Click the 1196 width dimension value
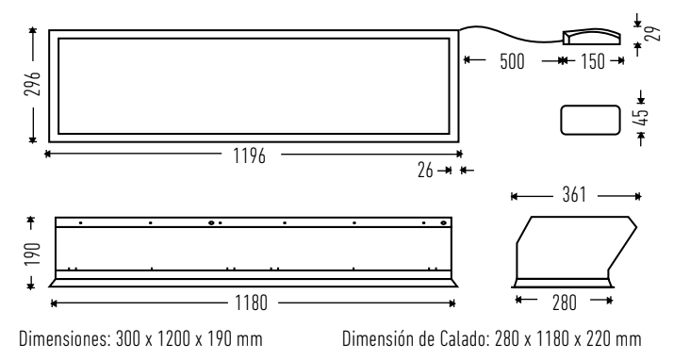click(249, 155)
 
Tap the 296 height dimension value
click(33, 83)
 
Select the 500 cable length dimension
click(513, 61)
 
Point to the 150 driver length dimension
click(593, 61)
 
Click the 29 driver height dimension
click(653, 33)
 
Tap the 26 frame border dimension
click(425, 171)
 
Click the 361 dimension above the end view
click(574, 195)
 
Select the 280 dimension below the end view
click(564, 303)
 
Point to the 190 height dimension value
click(33, 254)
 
